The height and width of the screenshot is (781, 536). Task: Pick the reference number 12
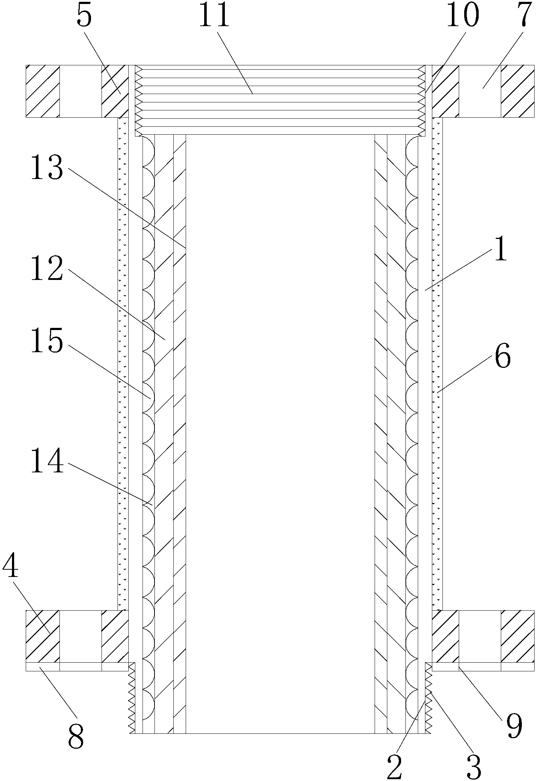(x=47, y=269)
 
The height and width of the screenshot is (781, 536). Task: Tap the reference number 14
(x=47, y=461)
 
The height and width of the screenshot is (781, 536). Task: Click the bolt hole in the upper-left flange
(x=81, y=91)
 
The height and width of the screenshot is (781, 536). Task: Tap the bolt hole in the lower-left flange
(x=81, y=636)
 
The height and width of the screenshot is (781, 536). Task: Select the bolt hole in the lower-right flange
(x=480, y=636)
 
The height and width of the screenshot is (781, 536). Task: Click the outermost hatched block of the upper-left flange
(x=43, y=91)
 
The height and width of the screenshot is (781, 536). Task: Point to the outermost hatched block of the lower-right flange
(x=518, y=636)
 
